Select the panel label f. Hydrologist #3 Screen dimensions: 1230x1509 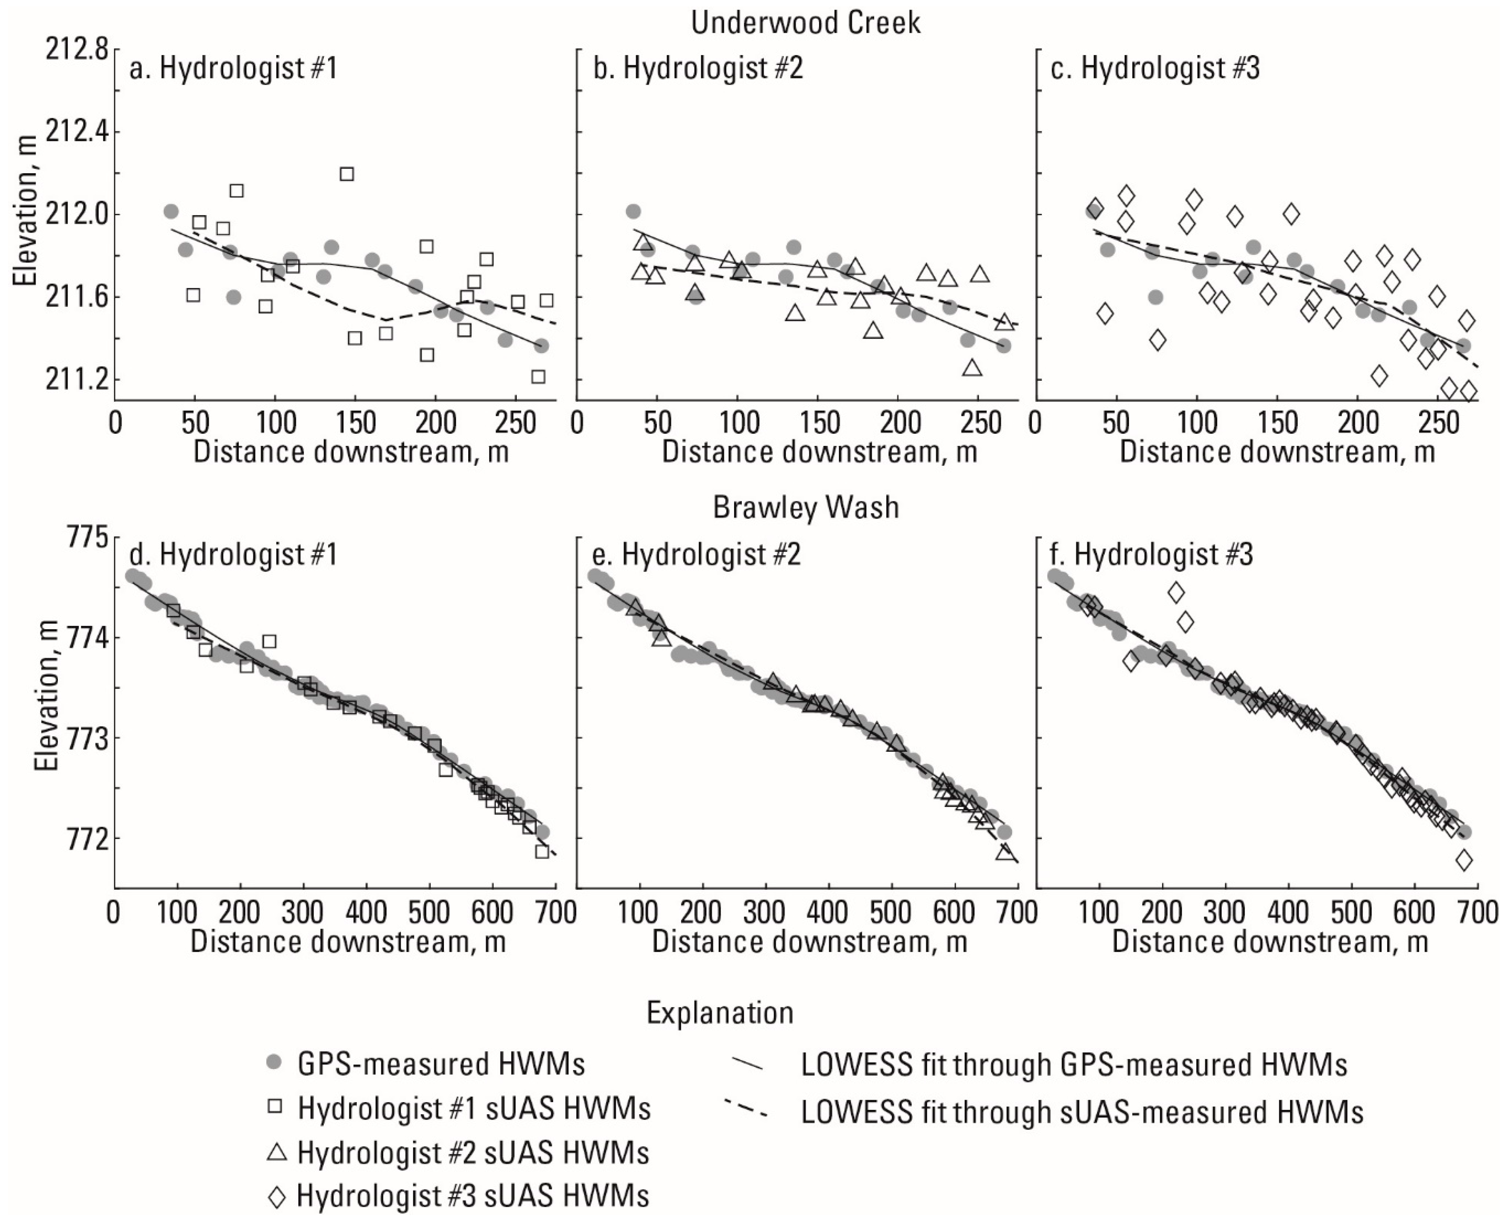(1151, 554)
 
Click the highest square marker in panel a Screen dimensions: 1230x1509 (346, 174)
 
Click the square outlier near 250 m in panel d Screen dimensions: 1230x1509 (269, 641)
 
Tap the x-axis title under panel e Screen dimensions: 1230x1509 (809, 942)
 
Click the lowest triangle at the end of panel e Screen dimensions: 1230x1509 (1004, 852)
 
